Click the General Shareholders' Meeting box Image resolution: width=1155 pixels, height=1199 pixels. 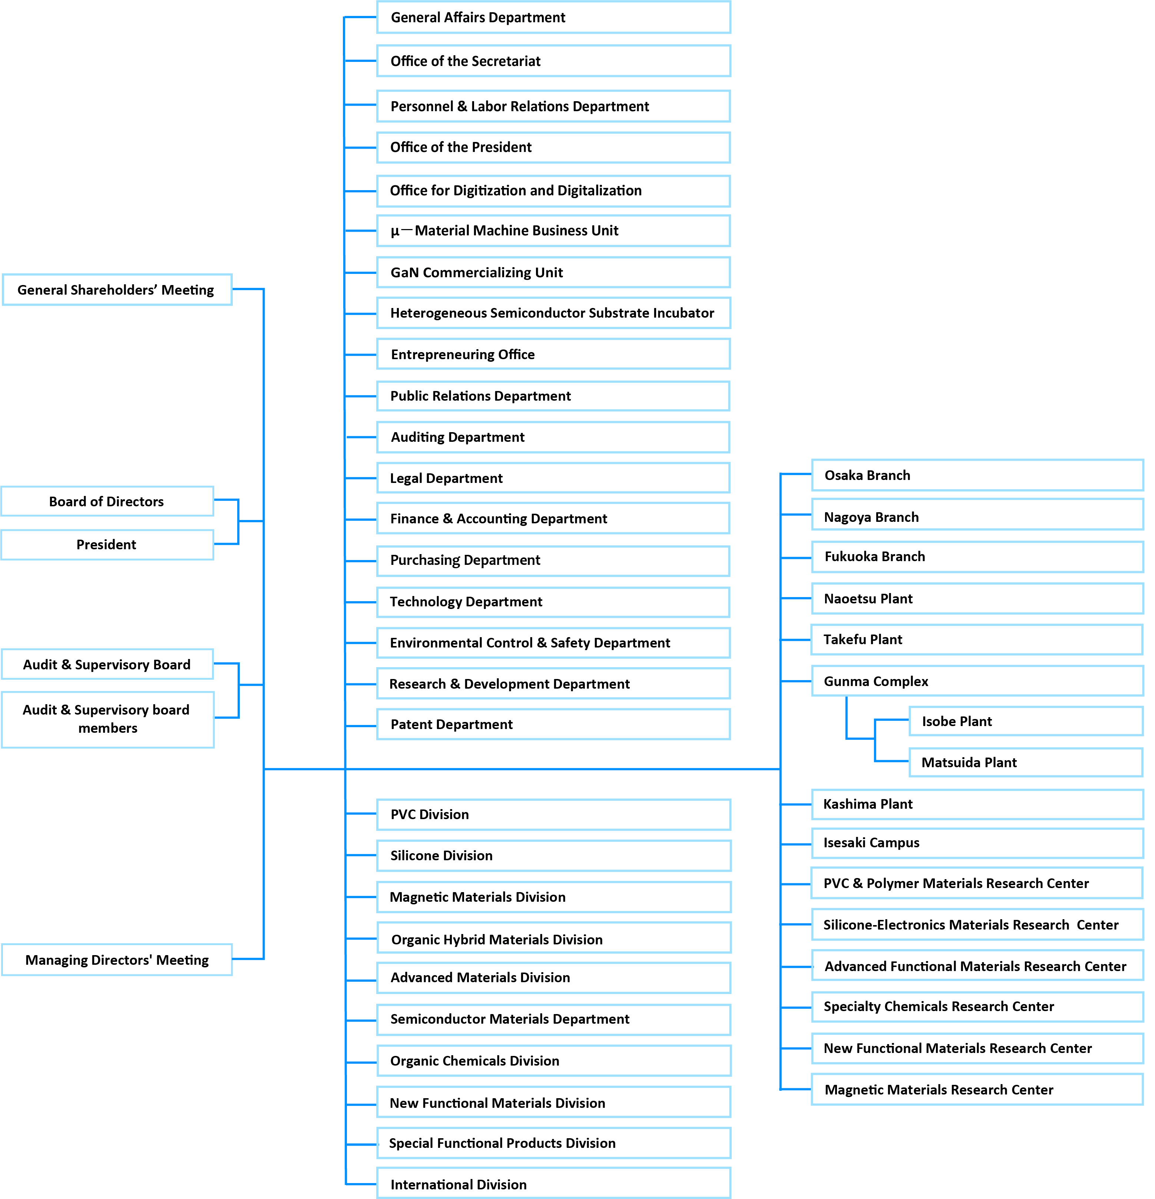pos(116,290)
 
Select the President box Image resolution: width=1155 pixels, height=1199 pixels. pos(107,544)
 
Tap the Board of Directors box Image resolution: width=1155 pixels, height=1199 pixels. pos(107,501)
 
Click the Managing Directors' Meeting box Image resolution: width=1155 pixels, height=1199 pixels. pos(117,960)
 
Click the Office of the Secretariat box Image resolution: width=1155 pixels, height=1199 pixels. pos(553,61)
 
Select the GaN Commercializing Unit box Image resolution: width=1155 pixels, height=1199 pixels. pos(553,272)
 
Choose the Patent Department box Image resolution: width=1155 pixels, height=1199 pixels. pos(553,724)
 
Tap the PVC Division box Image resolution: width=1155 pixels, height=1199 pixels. pos(553,814)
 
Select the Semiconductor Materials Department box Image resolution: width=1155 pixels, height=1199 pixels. pos(553,1019)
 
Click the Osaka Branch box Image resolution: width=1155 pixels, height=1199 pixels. pos(977,475)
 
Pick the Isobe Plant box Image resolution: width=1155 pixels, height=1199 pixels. pos(1025,721)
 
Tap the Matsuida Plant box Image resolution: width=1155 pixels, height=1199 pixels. pos(1025,762)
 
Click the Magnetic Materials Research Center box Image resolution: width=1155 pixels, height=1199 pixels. pos(977,1090)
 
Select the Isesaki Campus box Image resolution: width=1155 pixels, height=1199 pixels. pos(977,843)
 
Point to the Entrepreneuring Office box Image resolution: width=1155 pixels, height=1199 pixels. pos(553,354)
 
